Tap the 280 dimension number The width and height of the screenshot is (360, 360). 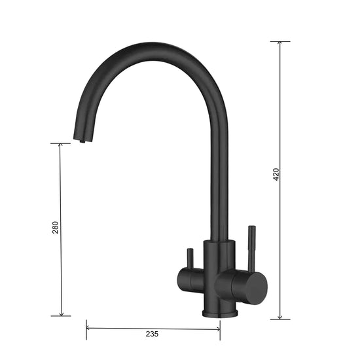pyautogui.click(x=56, y=227)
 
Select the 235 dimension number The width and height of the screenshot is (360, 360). pyautogui.click(x=152, y=334)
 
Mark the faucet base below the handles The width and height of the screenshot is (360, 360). pyautogui.click(x=219, y=308)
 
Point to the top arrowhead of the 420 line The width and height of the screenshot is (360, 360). pyautogui.click(x=280, y=45)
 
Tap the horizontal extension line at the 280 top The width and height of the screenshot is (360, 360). pyautogui.click(x=61, y=143)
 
